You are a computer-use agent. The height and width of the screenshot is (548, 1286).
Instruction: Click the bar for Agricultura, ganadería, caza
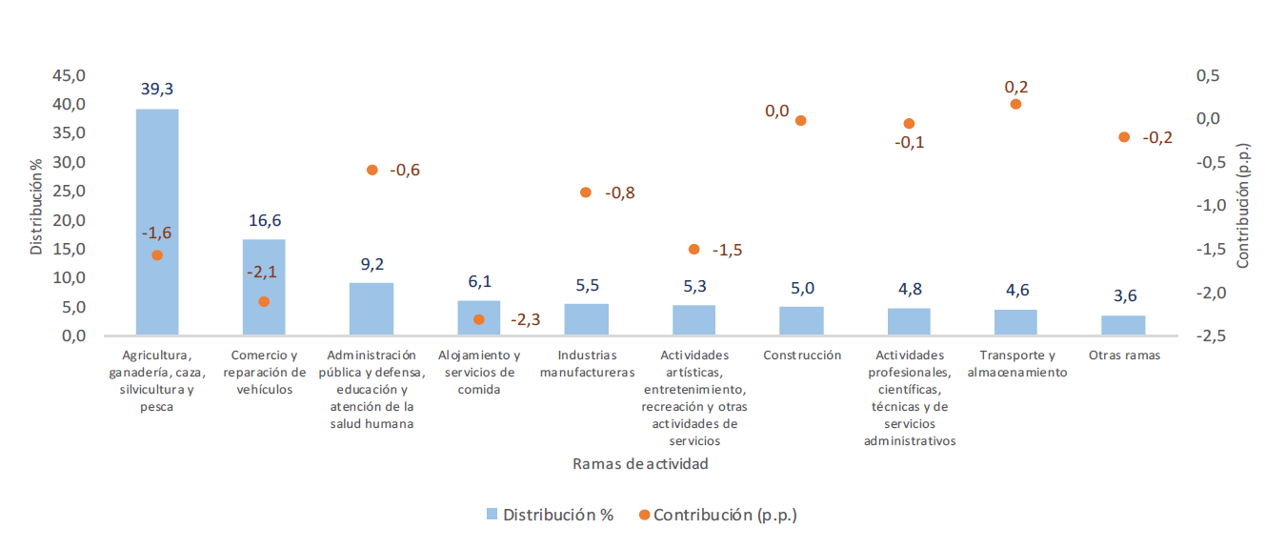(x=157, y=221)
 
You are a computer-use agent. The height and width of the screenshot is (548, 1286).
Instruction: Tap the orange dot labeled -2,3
(x=479, y=319)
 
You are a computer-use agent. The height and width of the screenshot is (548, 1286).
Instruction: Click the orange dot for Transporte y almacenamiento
(x=1015, y=104)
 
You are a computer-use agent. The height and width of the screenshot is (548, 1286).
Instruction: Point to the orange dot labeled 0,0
(x=801, y=121)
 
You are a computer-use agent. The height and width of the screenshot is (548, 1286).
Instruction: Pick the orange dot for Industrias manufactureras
(x=586, y=193)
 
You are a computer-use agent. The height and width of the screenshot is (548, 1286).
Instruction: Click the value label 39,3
(x=157, y=89)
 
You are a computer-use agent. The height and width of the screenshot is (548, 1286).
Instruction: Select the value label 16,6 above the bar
(x=265, y=220)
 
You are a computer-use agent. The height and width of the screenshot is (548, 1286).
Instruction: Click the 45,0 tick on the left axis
(x=69, y=75)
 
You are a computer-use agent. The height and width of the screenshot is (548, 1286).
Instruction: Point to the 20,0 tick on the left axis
(x=69, y=220)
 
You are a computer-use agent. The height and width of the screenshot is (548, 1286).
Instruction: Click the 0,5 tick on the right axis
(x=1211, y=75)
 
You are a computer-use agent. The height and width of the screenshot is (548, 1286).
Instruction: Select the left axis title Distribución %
(x=36, y=206)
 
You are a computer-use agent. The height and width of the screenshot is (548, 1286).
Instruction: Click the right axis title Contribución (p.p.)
(x=1242, y=206)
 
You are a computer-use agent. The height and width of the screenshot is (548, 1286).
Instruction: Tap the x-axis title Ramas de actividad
(x=640, y=464)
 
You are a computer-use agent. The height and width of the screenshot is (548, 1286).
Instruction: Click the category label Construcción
(x=802, y=355)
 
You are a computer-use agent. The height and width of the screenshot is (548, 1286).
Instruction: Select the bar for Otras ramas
(x=1123, y=325)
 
